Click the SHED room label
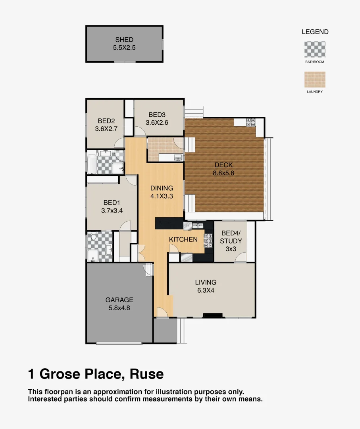124,40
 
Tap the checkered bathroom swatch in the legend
315,49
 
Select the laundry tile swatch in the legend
315,79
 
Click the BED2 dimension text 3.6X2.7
106,129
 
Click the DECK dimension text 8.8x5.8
224,173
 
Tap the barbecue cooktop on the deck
250,122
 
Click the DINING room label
162,188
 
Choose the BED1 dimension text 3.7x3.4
112,211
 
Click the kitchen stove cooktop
208,241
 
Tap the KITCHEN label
183,240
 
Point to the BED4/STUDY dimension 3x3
231,249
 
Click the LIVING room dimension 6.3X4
206,290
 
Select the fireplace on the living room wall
213,316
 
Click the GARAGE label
119,300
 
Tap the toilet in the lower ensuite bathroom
92,237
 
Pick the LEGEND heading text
315,32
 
